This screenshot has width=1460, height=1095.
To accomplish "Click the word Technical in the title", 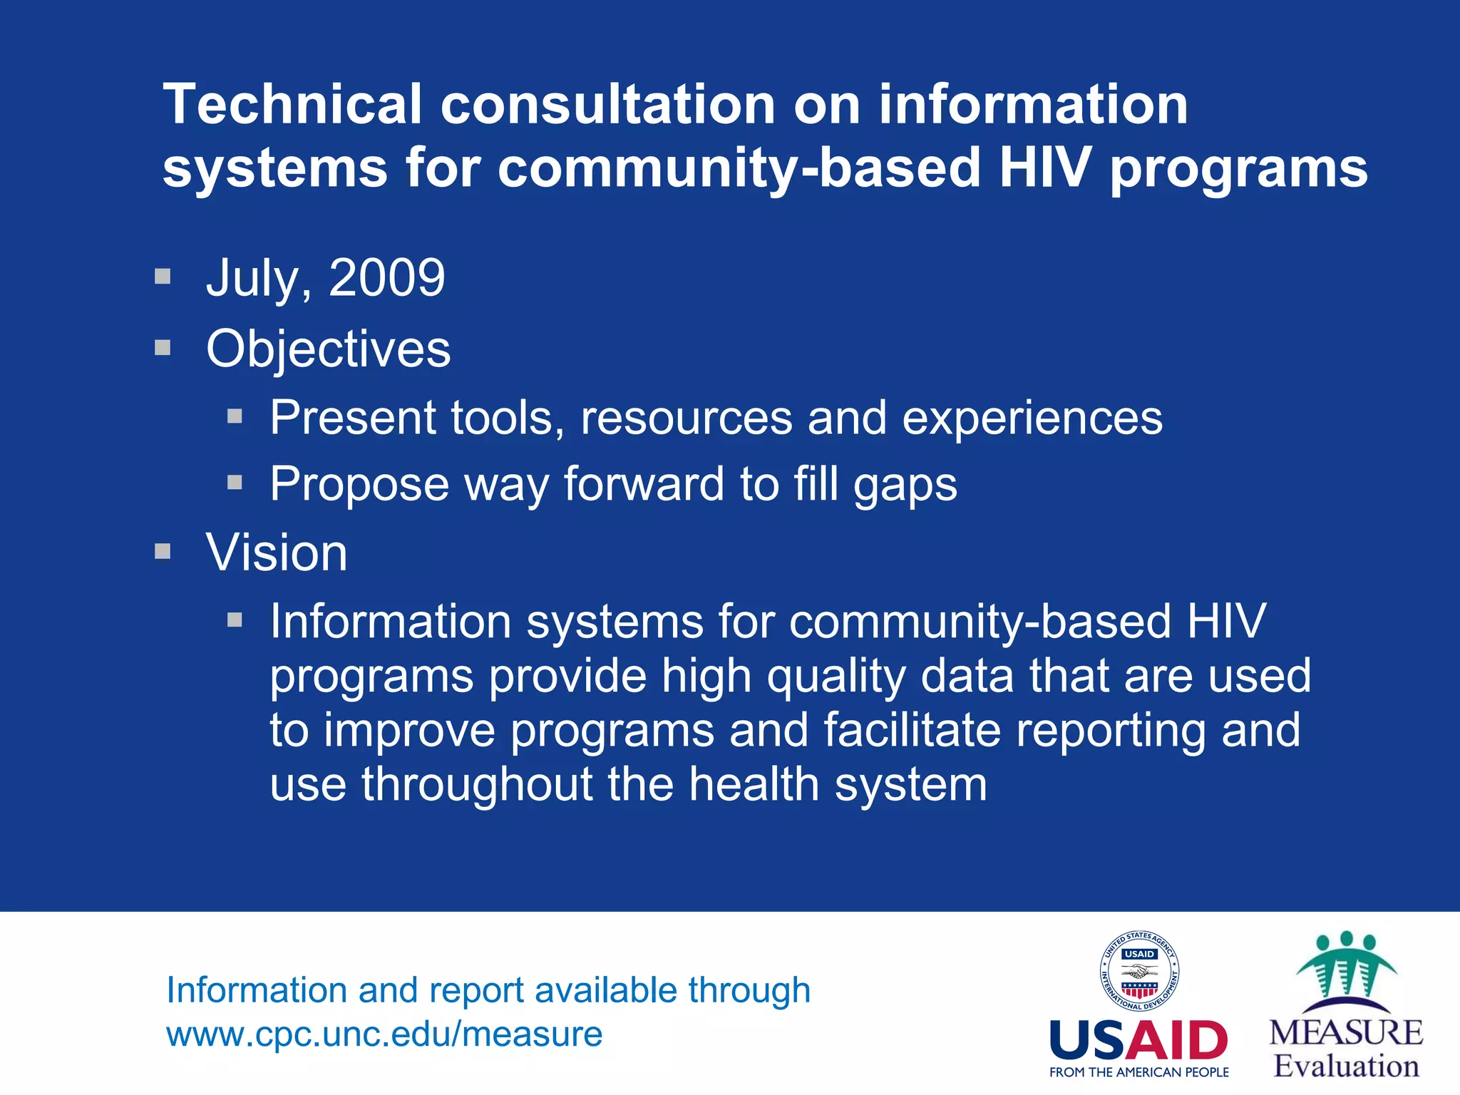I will coord(293,104).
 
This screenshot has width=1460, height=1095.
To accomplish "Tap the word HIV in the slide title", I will coord(1044,168).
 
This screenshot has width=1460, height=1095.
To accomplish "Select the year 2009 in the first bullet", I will coord(386,277).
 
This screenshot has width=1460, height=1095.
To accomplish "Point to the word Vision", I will coord(277,552).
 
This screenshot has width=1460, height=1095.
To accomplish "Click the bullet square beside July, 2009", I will coord(163,276).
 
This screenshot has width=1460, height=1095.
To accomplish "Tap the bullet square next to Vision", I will coord(163,551).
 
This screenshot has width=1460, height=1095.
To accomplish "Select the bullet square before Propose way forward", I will coord(235,483).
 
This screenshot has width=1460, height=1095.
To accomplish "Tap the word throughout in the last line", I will coord(478,784).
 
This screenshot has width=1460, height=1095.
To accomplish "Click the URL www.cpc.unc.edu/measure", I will coord(384,1034).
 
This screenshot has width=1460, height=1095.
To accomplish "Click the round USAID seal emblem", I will coord(1138,972).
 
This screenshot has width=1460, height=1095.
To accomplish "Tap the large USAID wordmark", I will coord(1138,1040).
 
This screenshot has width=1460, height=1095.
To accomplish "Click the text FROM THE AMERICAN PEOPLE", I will coord(1138,1072).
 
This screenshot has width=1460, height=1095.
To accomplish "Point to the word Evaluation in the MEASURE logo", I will coord(1346,1066).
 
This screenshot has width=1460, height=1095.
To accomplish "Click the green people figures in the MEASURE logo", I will coord(1345,966).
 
